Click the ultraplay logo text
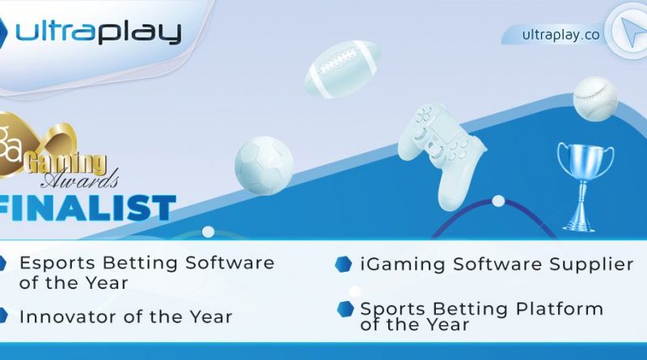point(98,32)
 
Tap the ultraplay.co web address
point(560,35)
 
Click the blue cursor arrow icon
point(630,32)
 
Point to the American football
point(342,69)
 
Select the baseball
point(595,99)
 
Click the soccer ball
point(264,165)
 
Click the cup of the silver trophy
point(585,161)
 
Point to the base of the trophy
point(580,224)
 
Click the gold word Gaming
point(66,163)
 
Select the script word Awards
point(79,180)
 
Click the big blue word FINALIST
point(87,208)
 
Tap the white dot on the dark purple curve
point(498,201)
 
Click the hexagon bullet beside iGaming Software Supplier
point(343,265)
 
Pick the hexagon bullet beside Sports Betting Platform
point(345,309)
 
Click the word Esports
point(57,264)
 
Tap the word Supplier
point(591,265)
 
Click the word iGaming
point(403,265)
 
